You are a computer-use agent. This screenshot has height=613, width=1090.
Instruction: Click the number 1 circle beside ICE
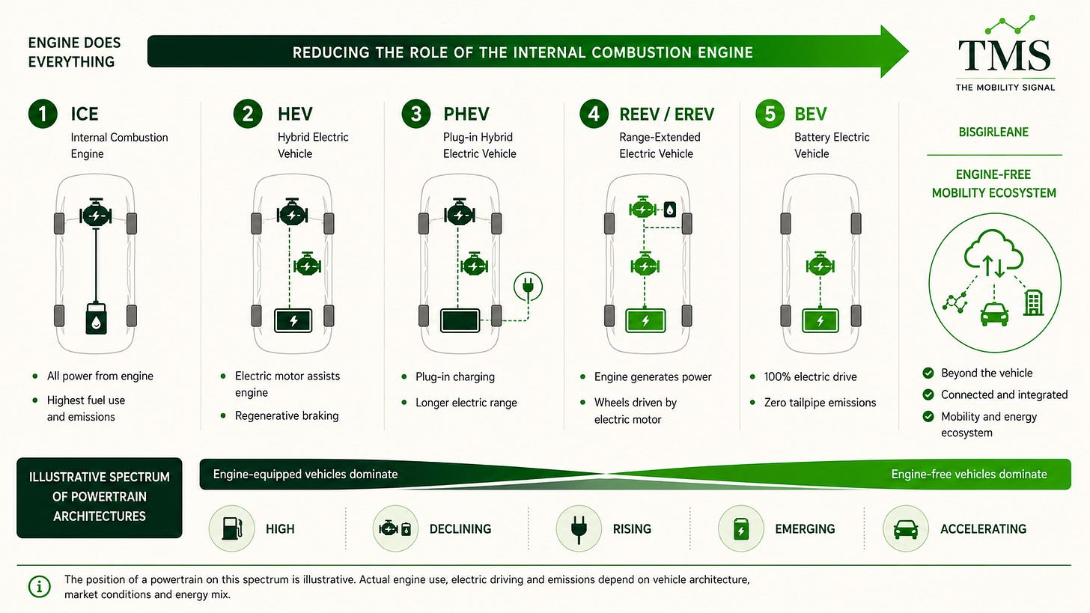click(43, 114)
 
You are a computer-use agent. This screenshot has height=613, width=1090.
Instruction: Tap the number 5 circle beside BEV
click(770, 114)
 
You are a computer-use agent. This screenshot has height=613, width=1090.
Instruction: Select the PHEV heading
click(466, 115)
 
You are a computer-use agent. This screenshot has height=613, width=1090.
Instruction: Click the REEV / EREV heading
click(666, 115)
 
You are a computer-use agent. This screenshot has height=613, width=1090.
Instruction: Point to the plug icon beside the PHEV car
click(528, 286)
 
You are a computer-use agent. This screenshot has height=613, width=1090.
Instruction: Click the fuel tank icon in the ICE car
click(96, 319)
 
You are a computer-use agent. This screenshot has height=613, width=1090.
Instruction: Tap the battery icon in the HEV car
click(293, 320)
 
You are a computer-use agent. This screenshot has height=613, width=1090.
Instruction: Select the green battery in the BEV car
click(820, 320)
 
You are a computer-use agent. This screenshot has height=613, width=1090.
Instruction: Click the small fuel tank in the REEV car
click(670, 210)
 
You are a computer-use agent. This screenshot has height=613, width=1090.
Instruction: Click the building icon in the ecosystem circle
click(1034, 302)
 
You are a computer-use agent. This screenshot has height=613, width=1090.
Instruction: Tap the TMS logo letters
click(1005, 55)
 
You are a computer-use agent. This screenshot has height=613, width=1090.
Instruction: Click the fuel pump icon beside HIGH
click(231, 528)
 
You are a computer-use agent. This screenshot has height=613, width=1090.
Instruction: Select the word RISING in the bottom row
click(632, 529)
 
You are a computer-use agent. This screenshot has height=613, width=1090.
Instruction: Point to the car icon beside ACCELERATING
click(906, 529)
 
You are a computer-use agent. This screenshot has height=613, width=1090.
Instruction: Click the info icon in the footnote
click(40, 586)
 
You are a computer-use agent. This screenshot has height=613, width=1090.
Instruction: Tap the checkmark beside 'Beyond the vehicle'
click(928, 373)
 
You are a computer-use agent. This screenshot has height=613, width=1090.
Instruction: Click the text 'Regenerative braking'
click(287, 416)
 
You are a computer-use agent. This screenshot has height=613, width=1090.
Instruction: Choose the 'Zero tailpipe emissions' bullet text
click(820, 403)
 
